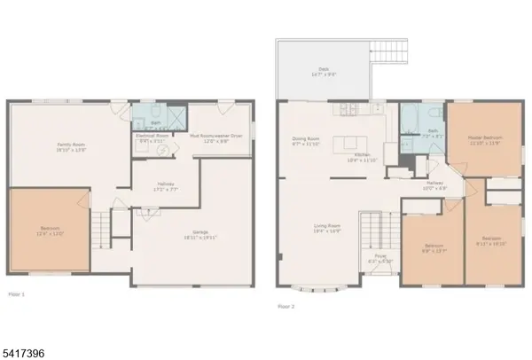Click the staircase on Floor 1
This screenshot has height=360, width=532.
tap(106, 229)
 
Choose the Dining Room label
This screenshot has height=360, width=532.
tap(304, 142)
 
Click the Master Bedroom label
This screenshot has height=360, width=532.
tap(484, 140)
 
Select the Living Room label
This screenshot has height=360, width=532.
tap(327, 228)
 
